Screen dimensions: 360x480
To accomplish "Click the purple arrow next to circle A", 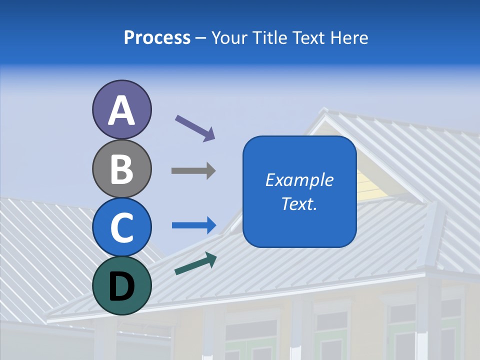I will pyautogui.click(x=195, y=128).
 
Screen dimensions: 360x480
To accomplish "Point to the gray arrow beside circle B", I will pyautogui.click(x=193, y=170).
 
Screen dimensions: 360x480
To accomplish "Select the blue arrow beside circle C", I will pyautogui.click(x=194, y=225).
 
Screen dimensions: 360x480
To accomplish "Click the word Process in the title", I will pyautogui.click(x=157, y=37).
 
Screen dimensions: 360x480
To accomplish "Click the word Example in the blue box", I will pyautogui.click(x=299, y=180).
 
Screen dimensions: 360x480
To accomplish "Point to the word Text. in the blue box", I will pyautogui.click(x=299, y=203).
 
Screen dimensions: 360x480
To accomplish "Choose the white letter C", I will pyautogui.click(x=121, y=227).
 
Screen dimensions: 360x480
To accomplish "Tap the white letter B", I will pyautogui.click(x=121, y=169).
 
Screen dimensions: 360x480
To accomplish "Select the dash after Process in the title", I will pyautogui.click(x=201, y=38).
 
